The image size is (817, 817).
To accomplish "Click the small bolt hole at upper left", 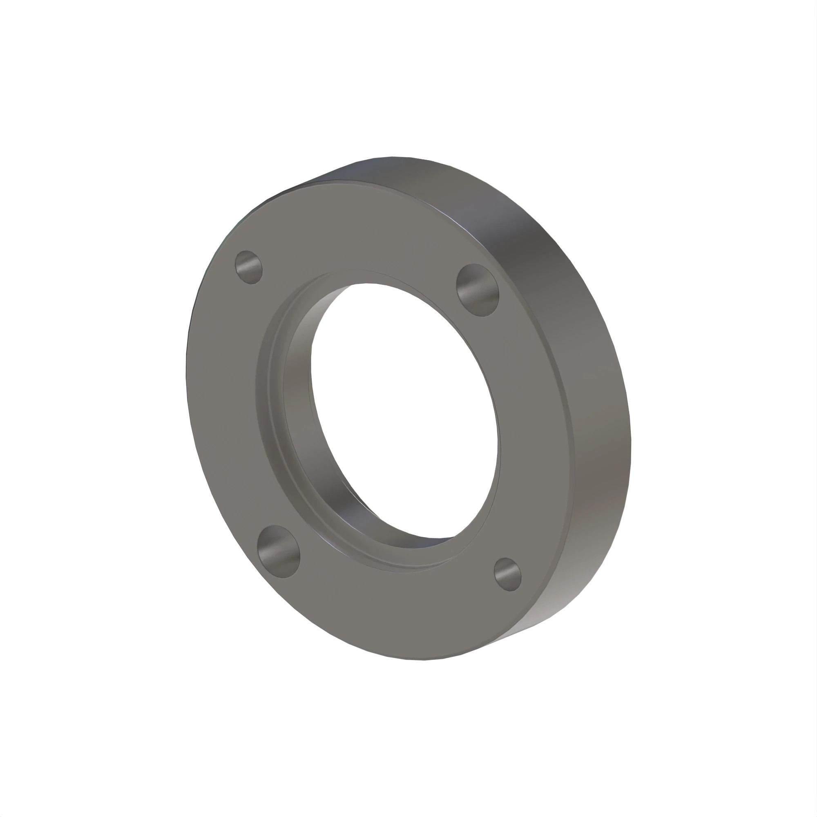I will (249, 267).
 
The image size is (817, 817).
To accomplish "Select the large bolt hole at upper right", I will (478, 290).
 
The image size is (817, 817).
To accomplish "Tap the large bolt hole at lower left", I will (278, 551).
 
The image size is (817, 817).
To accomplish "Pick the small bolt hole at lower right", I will (507, 574).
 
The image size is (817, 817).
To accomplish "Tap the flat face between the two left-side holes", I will (224, 402).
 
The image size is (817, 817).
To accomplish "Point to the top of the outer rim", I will (402, 167).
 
